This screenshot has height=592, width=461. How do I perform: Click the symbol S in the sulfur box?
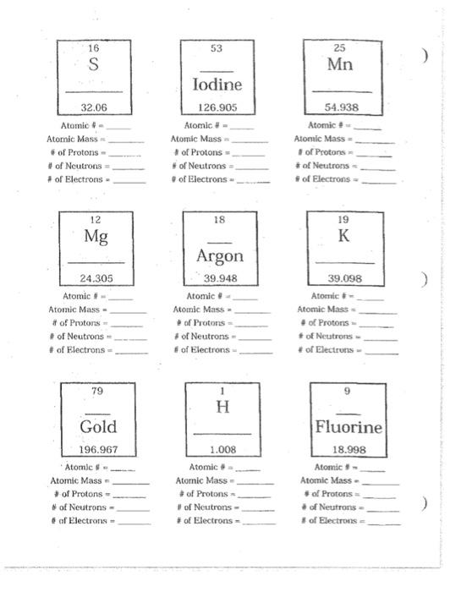tap(93, 65)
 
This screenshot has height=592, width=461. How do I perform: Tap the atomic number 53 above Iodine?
tap(217, 48)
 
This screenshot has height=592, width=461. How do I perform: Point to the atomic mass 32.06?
tap(93, 107)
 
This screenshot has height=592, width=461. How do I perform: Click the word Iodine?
tap(217, 85)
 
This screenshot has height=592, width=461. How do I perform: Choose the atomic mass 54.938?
tap(342, 107)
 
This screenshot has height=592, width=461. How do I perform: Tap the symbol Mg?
tap(96, 236)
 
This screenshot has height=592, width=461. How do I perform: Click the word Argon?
tap(220, 256)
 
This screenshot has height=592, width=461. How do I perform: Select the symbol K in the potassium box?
tap(343, 236)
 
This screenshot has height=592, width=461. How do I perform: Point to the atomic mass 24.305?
tap(96, 278)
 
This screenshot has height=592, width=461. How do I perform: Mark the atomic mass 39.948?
tap(220, 278)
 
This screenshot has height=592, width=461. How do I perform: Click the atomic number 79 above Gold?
tap(97, 391)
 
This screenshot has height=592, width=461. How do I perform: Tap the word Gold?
tap(98, 426)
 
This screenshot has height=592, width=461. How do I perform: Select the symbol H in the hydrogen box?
tap(222, 408)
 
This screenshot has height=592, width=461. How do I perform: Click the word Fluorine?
tap(348, 427)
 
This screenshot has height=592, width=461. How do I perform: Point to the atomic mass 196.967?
tap(98, 449)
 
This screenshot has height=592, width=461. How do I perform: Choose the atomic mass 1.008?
tap(222, 449)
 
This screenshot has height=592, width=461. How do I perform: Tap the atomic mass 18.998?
tap(348, 449)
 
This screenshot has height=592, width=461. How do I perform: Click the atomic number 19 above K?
tap(343, 218)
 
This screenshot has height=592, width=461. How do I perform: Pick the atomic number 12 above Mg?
tap(96, 219)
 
